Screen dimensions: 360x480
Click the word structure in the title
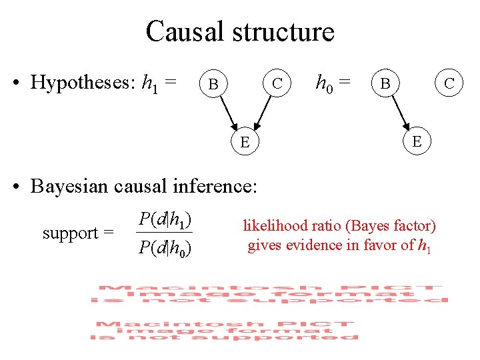(x=279, y=32)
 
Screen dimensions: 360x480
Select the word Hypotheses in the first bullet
(x=84, y=83)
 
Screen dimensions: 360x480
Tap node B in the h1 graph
(x=213, y=85)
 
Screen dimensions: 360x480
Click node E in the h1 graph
(x=245, y=141)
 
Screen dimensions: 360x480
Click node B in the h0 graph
(x=385, y=85)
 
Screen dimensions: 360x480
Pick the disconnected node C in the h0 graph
(x=449, y=83)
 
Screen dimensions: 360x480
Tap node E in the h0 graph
(x=417, y=141)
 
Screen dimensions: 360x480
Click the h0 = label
(x=333, y=83)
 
